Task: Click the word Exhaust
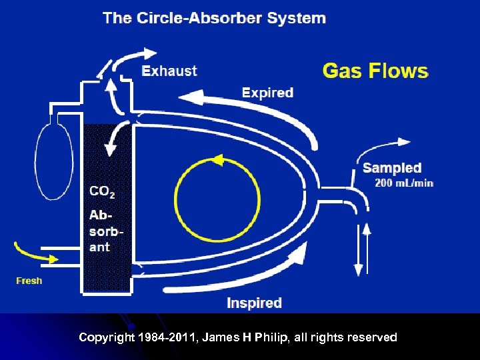[x=169, y=71]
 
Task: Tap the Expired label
[x=267, y=93]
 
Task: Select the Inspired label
[x=254, y=303]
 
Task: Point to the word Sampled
[x=392, y=168]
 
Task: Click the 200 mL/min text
[x=404, y=183]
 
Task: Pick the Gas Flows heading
[x=375, y=70]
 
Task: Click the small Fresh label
[x=29, y=281]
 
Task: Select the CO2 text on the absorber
[x=102, y=192]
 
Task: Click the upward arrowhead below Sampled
[x=366, y=229]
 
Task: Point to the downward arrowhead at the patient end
[x=359, y=269]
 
